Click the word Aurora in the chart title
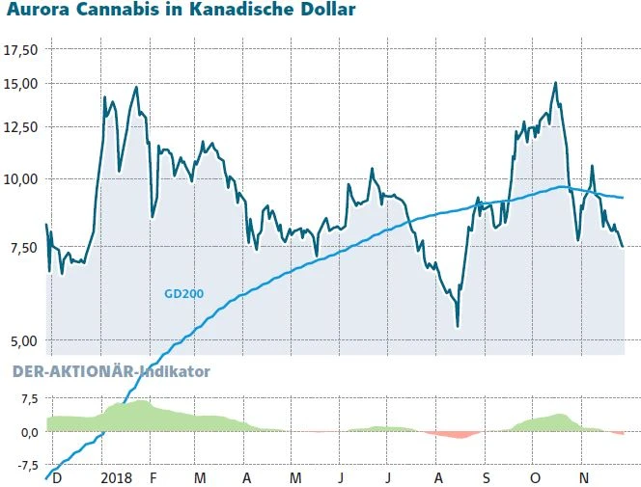pos(37,12)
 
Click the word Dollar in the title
pos(323,12)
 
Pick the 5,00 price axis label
pos(22,340)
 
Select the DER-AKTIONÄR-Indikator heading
pos(110,370)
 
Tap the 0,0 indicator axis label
pos(26,432)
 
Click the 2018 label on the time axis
pos(116,478)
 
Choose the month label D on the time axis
pos(57,478)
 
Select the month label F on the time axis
pos(152,478)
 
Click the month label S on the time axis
pos(487,478)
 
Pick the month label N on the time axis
pos(583,478)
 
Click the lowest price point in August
pos(458,326)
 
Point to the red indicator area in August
pos(452,435)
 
